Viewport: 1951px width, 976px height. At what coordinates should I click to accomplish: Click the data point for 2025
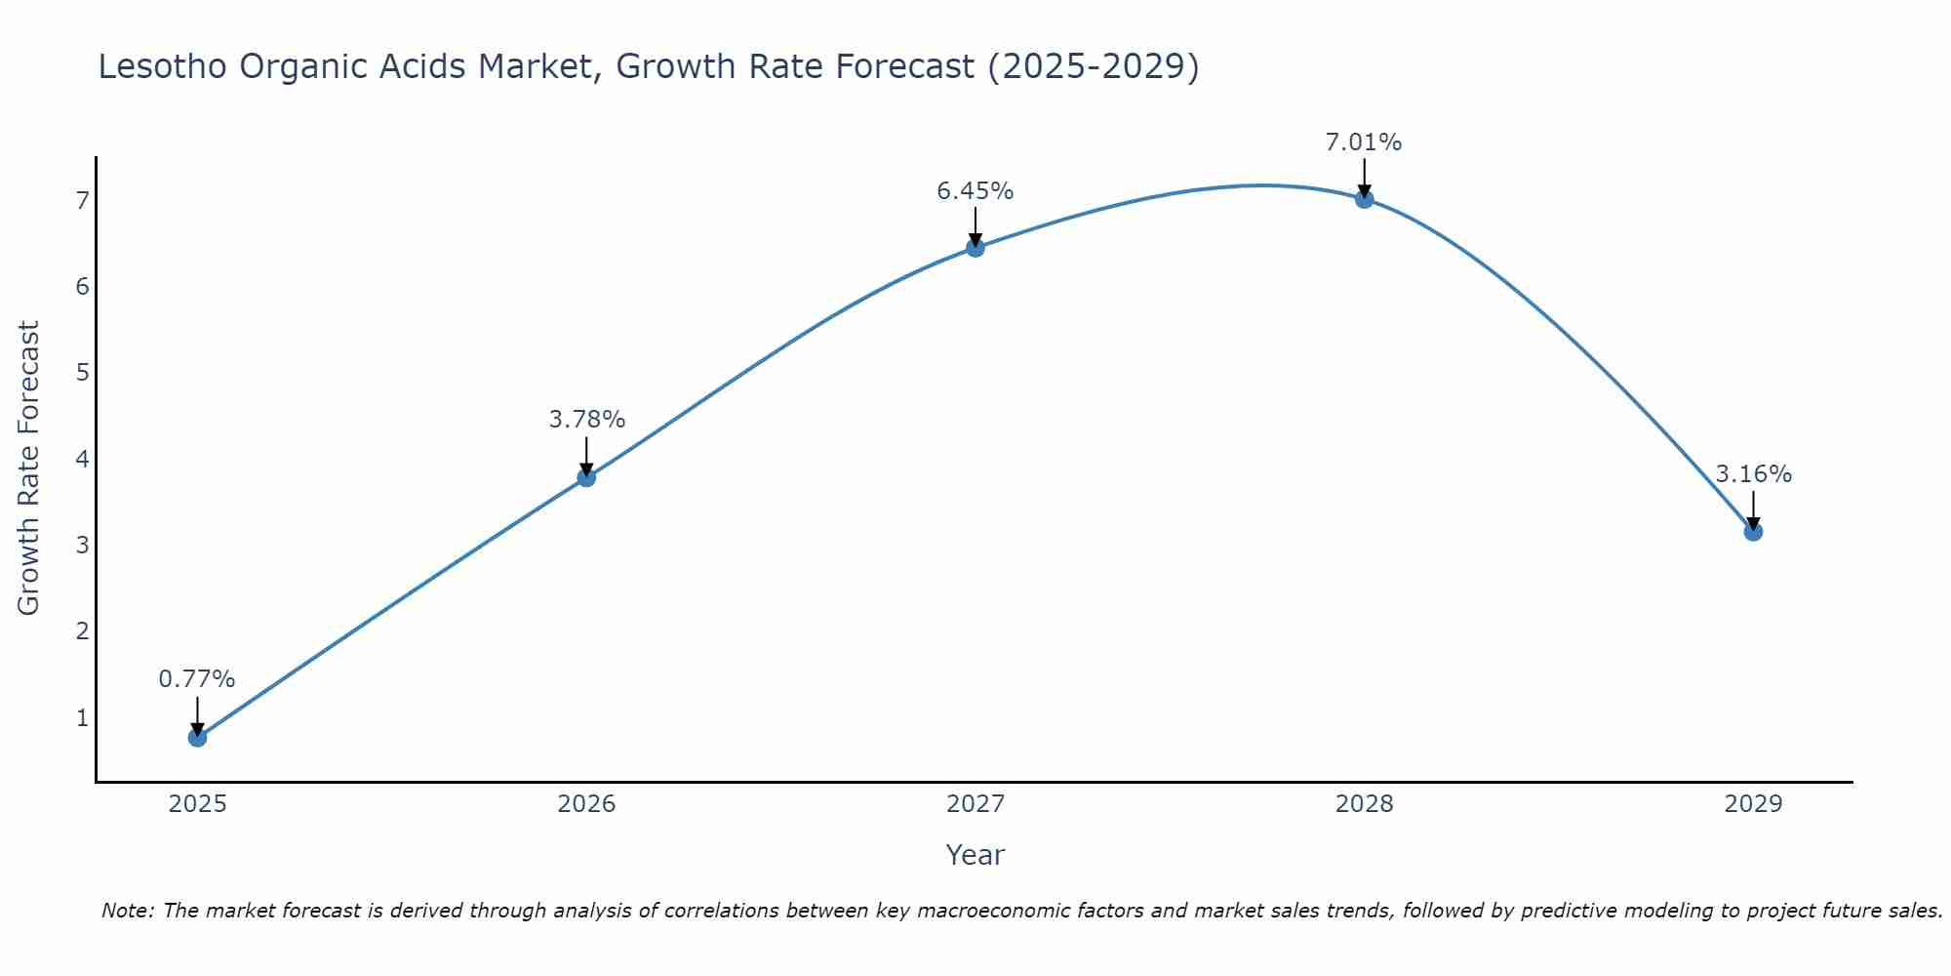(197, 737)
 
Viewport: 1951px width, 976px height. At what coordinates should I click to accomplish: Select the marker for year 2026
(586, 477)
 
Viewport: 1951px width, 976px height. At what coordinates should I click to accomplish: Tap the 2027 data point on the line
(975, 248)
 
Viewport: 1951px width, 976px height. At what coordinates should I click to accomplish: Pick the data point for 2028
(1364, 199)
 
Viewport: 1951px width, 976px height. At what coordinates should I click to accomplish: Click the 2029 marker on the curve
(1753, 532)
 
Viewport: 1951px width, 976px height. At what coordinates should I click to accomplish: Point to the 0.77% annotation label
(197, 678)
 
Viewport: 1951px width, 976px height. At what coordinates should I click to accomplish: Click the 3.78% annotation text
(586, 419)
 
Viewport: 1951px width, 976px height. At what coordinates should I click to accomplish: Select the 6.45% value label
(975, 190)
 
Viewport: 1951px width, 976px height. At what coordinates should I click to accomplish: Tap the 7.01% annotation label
(1364, 142)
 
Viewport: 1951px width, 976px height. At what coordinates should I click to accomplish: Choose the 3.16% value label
(1753, 473)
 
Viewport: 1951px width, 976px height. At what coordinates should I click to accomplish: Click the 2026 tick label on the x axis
(586, 804)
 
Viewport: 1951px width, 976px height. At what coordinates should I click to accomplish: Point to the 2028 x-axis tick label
(1364, 804)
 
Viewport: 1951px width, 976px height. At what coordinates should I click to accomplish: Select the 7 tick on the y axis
(82, 201)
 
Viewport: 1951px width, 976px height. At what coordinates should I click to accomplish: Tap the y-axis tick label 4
(82, 459)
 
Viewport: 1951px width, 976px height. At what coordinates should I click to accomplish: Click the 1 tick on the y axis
(82, 717)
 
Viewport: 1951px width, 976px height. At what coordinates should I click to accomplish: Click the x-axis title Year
(975, 855)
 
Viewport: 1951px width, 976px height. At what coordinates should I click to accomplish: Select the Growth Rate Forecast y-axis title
(29, 468)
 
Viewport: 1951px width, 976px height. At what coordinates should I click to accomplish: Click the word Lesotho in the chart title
(162, 66)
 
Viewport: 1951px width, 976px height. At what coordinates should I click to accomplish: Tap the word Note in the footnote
(127, 911)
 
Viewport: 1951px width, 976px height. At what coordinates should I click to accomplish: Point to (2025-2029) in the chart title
(1094, 66)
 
